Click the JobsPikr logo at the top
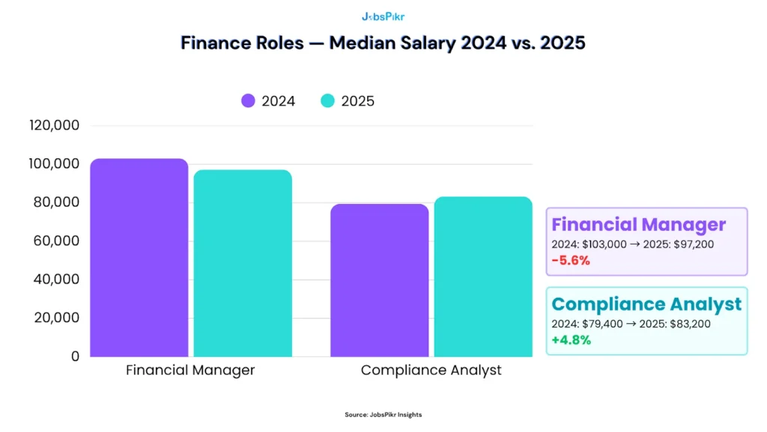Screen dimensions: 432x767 383,16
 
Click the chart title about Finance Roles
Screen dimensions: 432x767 383,43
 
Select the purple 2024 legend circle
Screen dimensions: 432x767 249,101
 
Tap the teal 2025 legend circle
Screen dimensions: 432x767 328,101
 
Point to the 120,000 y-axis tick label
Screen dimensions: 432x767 54,125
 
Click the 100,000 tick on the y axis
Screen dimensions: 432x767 54,163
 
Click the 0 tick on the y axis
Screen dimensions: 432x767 74,356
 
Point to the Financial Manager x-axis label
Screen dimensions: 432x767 190,370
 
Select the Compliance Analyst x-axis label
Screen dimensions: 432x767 431,370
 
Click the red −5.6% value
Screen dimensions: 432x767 571,261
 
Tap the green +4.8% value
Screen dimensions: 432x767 572,340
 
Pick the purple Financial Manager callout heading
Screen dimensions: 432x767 639,224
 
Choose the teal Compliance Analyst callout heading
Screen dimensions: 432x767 646,304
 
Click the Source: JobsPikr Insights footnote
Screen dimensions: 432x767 383,415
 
